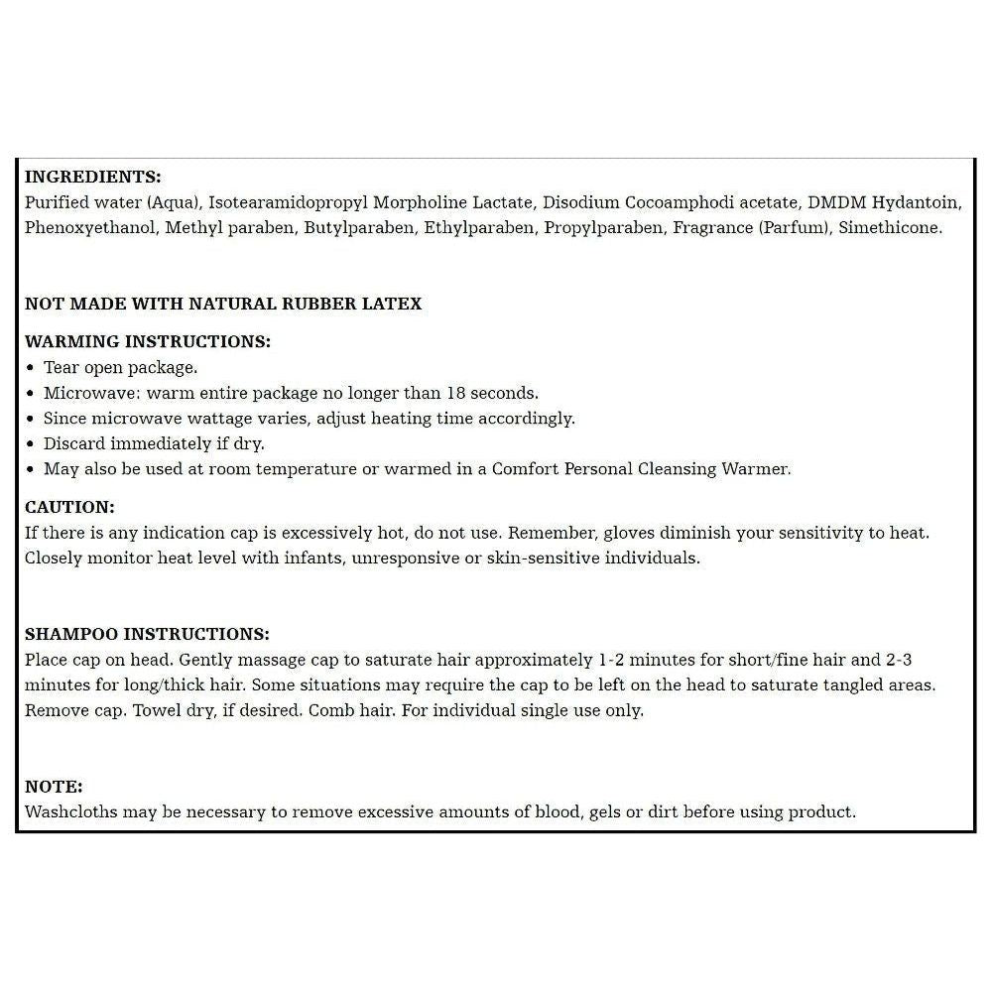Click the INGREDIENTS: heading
click(92, 178)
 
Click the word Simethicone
click(890, 227)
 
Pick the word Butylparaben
click(362, 227)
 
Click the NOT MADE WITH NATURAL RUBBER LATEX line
click(223, 304)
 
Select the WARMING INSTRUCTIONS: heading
click(147, 341)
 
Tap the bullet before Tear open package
click(32, 367)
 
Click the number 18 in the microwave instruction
click(455, 393)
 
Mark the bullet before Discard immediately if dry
click(32, 443)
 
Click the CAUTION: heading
click(69, 507)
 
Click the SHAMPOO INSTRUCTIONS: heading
click(147, 634)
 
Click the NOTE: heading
click(54, 787)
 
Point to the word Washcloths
click(70, 811)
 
